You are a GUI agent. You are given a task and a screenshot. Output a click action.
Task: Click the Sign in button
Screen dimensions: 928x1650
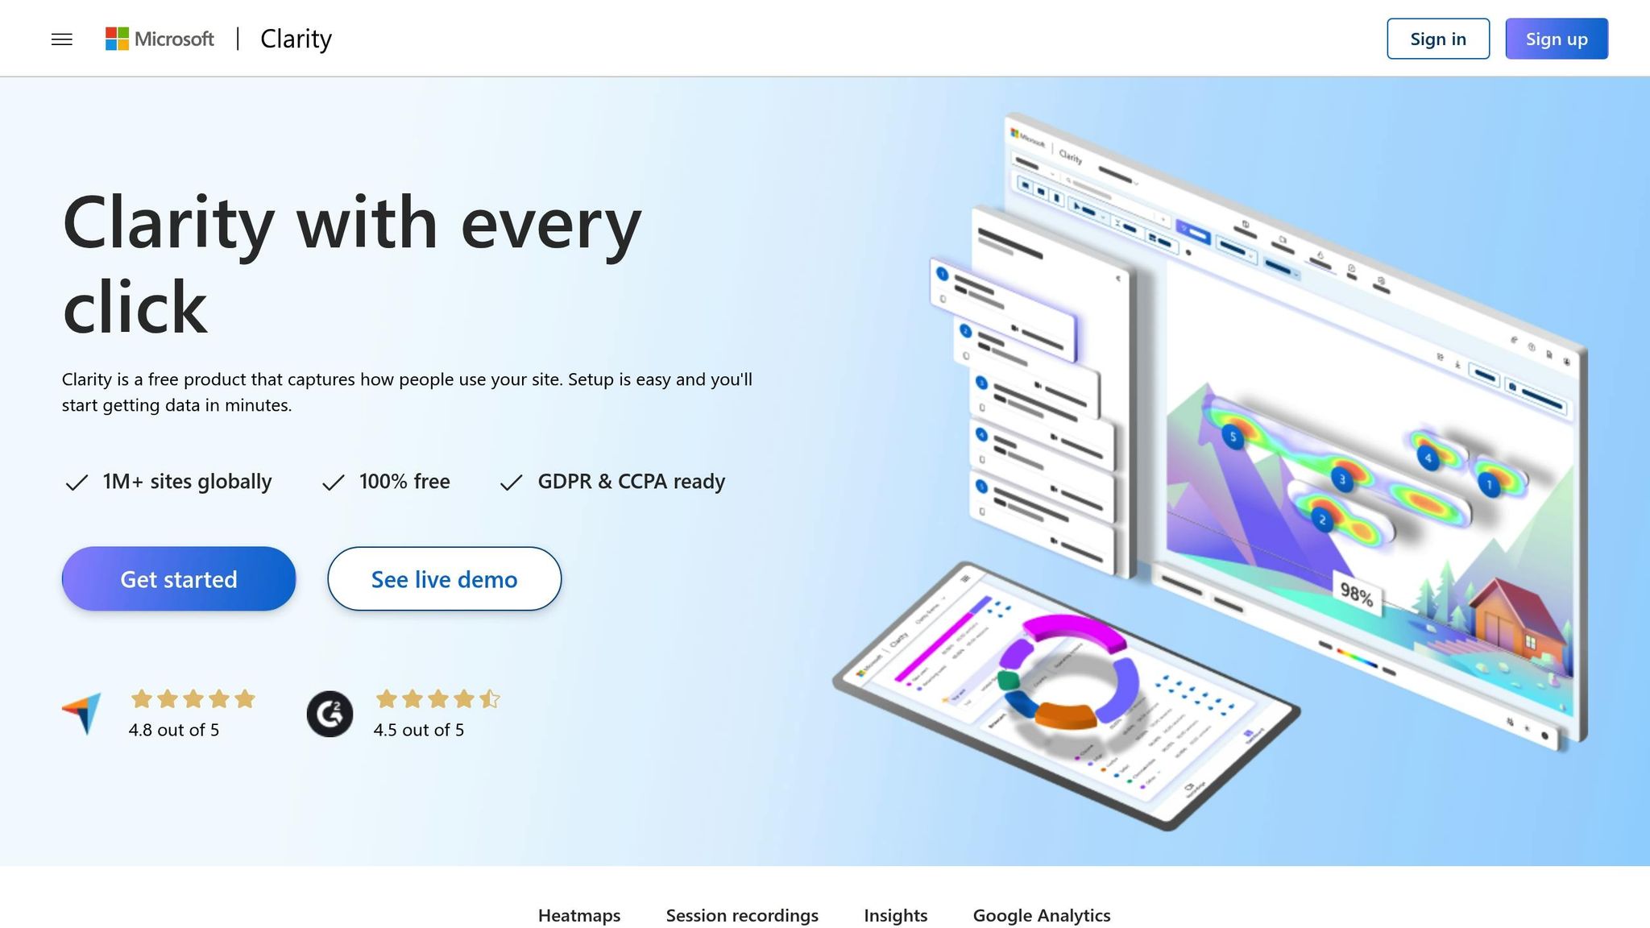(x=1437, y=39)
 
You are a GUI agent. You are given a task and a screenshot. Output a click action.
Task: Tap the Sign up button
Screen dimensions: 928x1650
(x=1556, y=39)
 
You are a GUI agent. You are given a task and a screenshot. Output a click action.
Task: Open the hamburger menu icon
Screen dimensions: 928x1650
(x=62, y=39)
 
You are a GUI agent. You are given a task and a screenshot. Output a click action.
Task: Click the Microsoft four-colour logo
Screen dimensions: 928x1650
(x=117, y=39)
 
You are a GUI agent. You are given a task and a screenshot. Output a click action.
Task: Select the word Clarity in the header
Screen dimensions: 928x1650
(x=296, y=39)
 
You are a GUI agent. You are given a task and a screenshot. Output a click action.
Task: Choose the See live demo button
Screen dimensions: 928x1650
(x=444, y=579)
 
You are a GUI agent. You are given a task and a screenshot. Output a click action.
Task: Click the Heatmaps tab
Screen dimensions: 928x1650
(x=578, y=915)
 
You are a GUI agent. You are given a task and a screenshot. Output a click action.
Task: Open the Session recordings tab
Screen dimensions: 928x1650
(x=741, y=915)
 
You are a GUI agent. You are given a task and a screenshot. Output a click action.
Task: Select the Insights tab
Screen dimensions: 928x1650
(x=895, y=915)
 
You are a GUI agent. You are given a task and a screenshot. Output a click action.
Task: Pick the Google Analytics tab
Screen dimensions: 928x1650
(x=1041, y=915)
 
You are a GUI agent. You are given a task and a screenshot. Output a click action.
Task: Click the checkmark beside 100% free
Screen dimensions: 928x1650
(x=333, y=483)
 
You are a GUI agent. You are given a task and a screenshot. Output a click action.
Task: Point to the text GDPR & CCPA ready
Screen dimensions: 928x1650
(x=631, y=482)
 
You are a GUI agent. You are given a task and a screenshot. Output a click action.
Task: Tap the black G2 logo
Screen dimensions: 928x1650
(x=330, y=714)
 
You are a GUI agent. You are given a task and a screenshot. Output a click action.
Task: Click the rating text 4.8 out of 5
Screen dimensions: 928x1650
(x=174, y=730)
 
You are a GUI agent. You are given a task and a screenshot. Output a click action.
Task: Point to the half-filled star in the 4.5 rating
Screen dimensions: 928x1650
(x=489, y=698)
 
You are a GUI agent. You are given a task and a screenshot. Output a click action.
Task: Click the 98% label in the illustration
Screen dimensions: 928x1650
(x=1356, y=595)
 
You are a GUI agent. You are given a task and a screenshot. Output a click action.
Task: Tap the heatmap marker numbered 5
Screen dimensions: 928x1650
(x=1233, y=437)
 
